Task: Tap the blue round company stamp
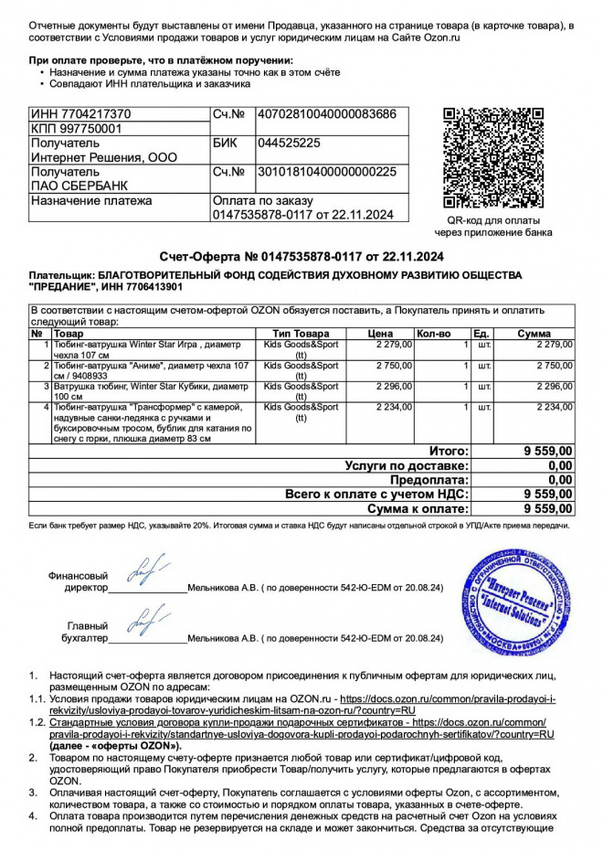pyautogui.click(x=516, y=599)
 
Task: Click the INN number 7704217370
pyautogui.click(x=81, y=114)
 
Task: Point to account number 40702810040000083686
pyautogui.click(x=327, y=114)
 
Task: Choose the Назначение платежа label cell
pyautogui.click(x=91, y=201)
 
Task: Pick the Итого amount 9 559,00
pyautogui.click(x=548, y=451)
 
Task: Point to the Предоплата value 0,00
pyautogui.click(x=559, y=479)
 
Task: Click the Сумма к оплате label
pyautogui.click(x=418, y=508)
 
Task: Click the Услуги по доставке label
pyautogui.click(x=407, y=465)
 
